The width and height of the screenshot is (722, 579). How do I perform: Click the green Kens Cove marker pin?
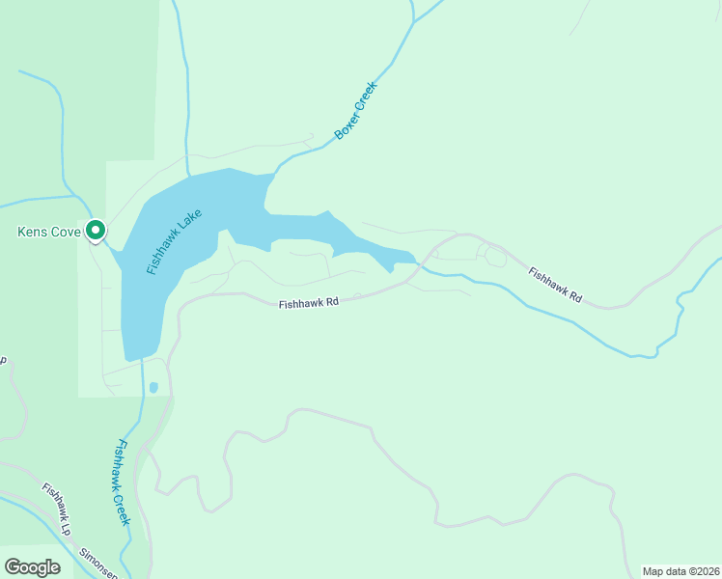95,231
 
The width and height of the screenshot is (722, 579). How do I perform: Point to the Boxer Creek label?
355,111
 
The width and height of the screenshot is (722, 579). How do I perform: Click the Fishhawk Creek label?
120,482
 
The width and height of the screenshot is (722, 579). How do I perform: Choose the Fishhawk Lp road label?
56,509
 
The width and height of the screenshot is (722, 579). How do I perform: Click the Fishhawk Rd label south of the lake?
309,303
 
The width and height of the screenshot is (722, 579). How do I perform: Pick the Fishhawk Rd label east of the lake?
555,286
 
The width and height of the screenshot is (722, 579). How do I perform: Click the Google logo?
32,567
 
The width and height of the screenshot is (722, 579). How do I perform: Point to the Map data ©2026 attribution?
680,571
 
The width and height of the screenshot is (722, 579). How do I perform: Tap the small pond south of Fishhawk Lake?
153,388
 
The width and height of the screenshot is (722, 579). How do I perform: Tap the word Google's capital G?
13,567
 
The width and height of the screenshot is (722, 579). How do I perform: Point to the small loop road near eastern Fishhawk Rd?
495,255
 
